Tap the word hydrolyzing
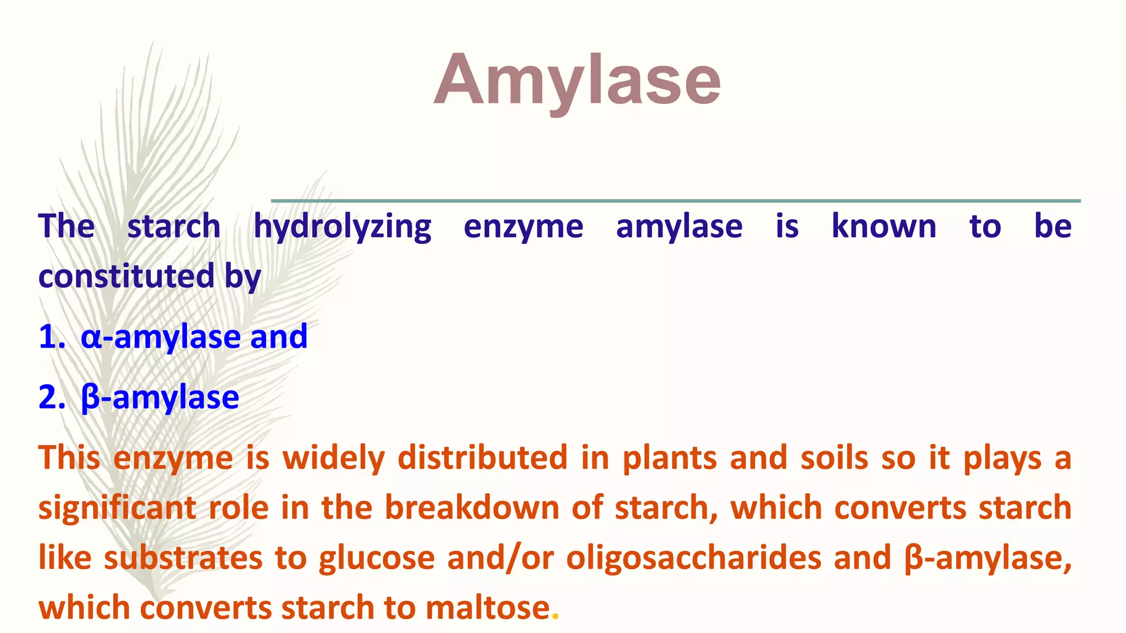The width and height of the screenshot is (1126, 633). coord(342,227)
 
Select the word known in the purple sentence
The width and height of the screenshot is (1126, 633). coord(884,226)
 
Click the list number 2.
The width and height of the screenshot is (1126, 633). coord(51,397)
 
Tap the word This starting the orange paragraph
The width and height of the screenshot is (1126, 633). coord(69,458)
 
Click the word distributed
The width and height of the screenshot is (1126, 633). coord(482,458)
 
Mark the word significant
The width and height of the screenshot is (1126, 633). coord(117,508)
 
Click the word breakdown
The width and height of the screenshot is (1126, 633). coord(472,508)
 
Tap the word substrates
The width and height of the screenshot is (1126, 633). coord(183,558)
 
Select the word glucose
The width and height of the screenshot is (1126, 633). coord(377,558)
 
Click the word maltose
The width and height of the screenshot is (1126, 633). coord(488,608)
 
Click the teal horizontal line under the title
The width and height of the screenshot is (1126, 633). coord(676,201)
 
